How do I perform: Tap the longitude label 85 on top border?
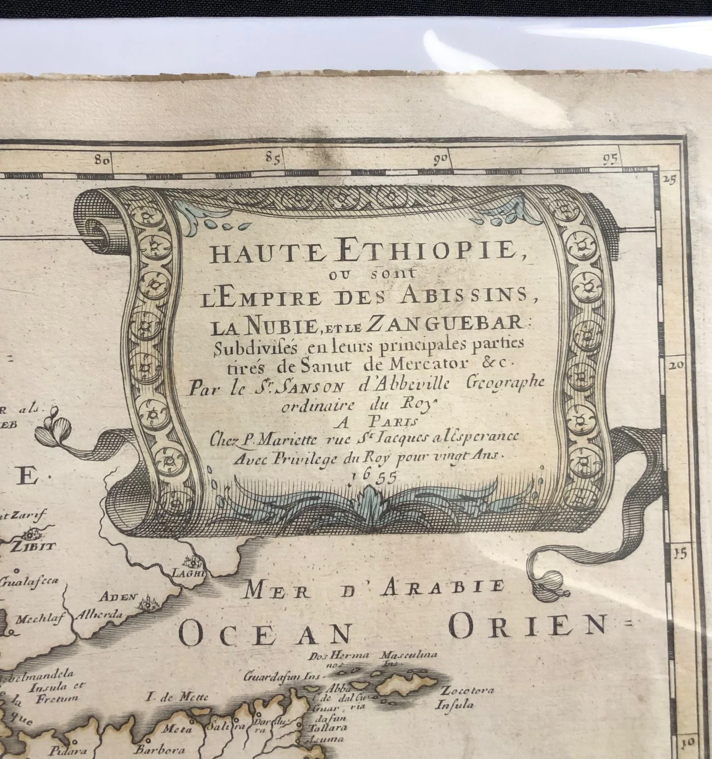click(x=271, y=158)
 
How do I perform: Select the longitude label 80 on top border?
click(x=103, y=160)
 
